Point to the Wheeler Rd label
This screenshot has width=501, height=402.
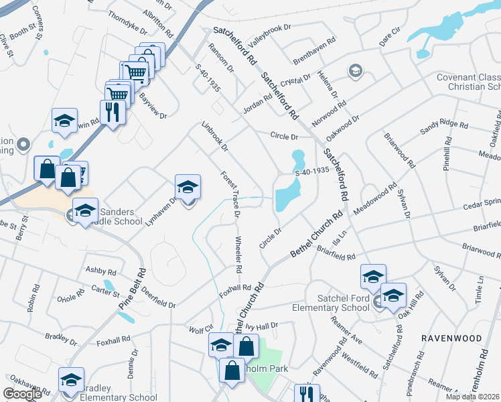238,255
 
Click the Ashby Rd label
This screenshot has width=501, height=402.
101,271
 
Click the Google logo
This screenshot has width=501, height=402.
23,394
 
